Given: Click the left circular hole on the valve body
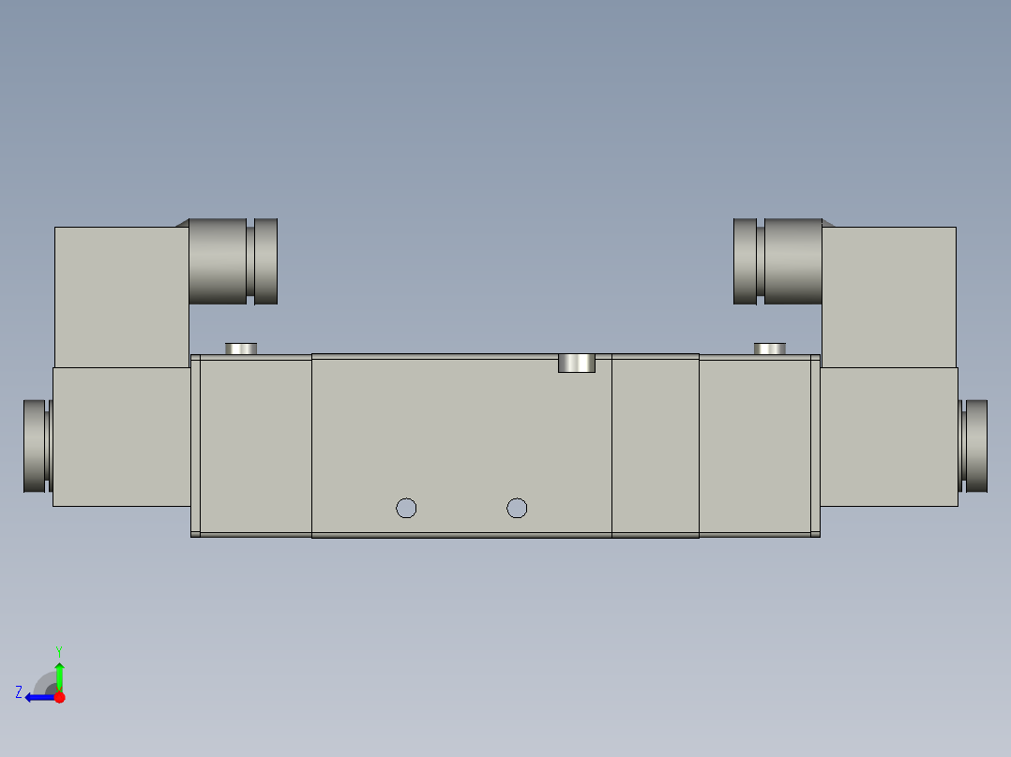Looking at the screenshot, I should click(406, 508).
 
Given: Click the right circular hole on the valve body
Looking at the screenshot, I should click(517, 508).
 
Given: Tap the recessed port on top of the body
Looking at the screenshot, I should click(577, 363).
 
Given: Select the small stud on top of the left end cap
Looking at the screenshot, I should click(241, 349).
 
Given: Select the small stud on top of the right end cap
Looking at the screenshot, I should click(770, 349).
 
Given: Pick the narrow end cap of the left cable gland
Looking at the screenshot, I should click(266, 261).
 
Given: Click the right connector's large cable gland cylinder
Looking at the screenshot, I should click(792, 261).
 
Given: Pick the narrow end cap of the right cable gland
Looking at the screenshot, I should click(745, 261).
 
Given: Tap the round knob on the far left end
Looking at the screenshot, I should click(35, 446).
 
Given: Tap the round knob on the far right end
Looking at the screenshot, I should click(975, 446).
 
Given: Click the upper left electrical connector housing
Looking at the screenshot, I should click(120, 295).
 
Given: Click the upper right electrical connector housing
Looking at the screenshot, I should click(889, 295).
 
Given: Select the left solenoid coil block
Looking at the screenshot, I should click(121, 437).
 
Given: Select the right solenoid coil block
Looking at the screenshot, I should click(889, 437).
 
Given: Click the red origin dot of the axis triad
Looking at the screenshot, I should click(59, 697).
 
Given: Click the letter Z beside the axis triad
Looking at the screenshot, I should click(19, 692).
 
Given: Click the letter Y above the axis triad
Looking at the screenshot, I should click(58, 650).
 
